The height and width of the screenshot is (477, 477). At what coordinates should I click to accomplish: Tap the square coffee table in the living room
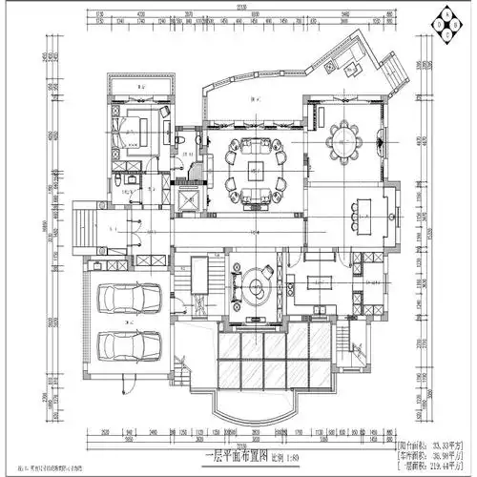tap(256, 173)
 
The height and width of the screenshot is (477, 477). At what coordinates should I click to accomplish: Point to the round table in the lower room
tap(256, 289)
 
